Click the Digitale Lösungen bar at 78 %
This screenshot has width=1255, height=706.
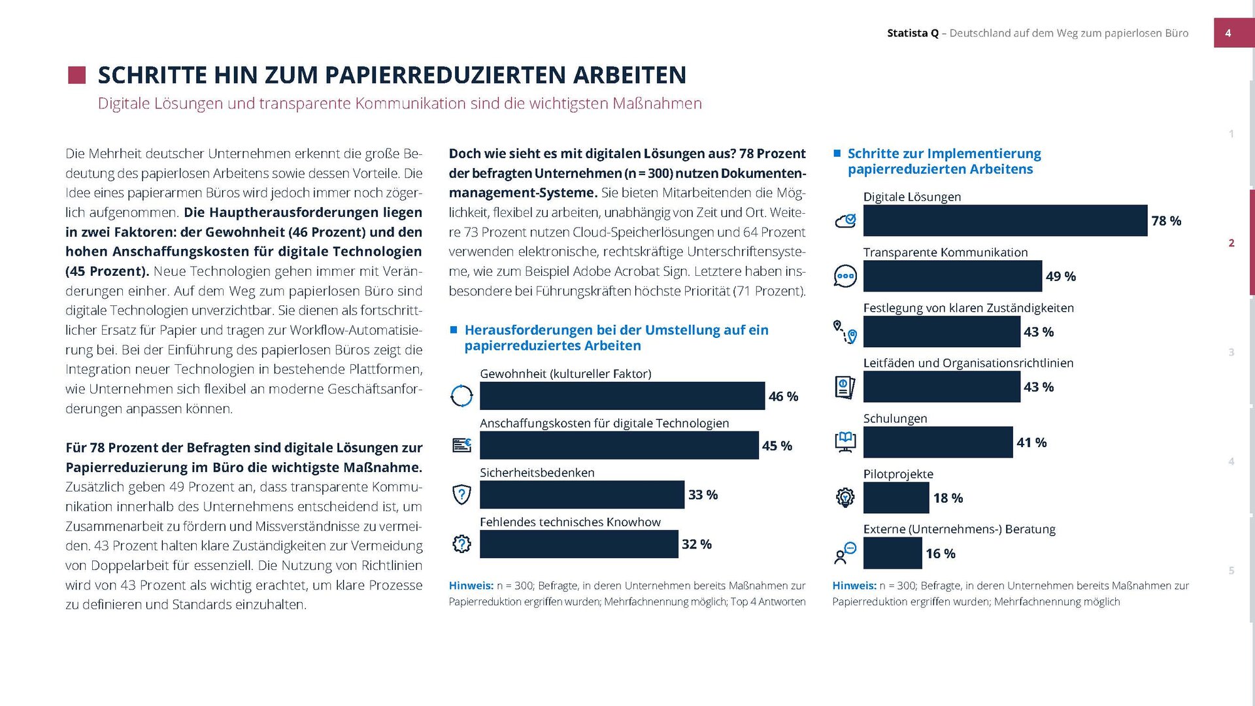point(1005,220)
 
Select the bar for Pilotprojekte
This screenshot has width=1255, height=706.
point(895,498)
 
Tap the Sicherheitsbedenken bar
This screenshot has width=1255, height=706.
point(582,495)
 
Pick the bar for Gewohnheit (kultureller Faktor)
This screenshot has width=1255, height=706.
point(622,396)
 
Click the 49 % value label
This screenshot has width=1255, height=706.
point(1060,277)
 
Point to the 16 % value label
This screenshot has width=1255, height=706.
point(940,554)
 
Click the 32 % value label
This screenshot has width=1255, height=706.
point(696,544)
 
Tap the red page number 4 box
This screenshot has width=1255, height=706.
point(1228,33)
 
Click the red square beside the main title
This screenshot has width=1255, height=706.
point(77,75)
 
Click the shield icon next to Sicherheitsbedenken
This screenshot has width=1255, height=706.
point(461,495)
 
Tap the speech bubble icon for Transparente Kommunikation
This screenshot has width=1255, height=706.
point(845,276)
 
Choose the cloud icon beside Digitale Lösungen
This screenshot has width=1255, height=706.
point(845,221)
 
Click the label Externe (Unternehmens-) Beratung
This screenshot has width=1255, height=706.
point(959,529)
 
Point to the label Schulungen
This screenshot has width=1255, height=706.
point(895,418)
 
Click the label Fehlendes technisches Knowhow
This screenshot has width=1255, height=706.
point(570,522)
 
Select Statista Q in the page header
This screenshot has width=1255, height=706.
point(912,33)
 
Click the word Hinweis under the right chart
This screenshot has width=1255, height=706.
point(854,586)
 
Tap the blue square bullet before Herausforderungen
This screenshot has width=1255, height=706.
point(454,330)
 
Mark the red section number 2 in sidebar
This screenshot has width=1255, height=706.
point(1231,243)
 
